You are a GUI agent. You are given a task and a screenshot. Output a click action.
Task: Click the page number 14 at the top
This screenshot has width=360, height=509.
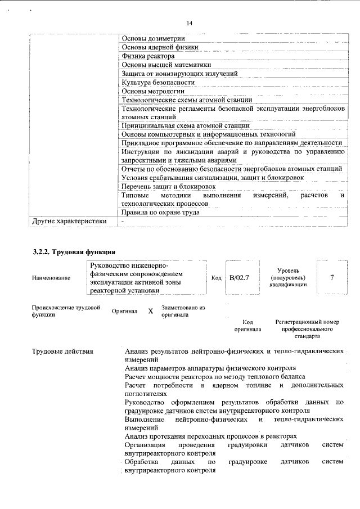coord(189,22)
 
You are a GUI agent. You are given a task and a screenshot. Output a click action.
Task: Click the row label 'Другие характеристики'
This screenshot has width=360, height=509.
coord(70,221)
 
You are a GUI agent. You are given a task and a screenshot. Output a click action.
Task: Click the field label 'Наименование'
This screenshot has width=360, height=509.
coord(51,278)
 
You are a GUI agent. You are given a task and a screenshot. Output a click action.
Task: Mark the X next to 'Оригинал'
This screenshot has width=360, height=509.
coord(150,311)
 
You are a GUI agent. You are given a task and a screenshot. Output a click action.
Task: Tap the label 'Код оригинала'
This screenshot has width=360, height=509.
coord(247,326)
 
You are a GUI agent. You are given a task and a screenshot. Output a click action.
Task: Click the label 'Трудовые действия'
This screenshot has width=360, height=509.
coord(62,352)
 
